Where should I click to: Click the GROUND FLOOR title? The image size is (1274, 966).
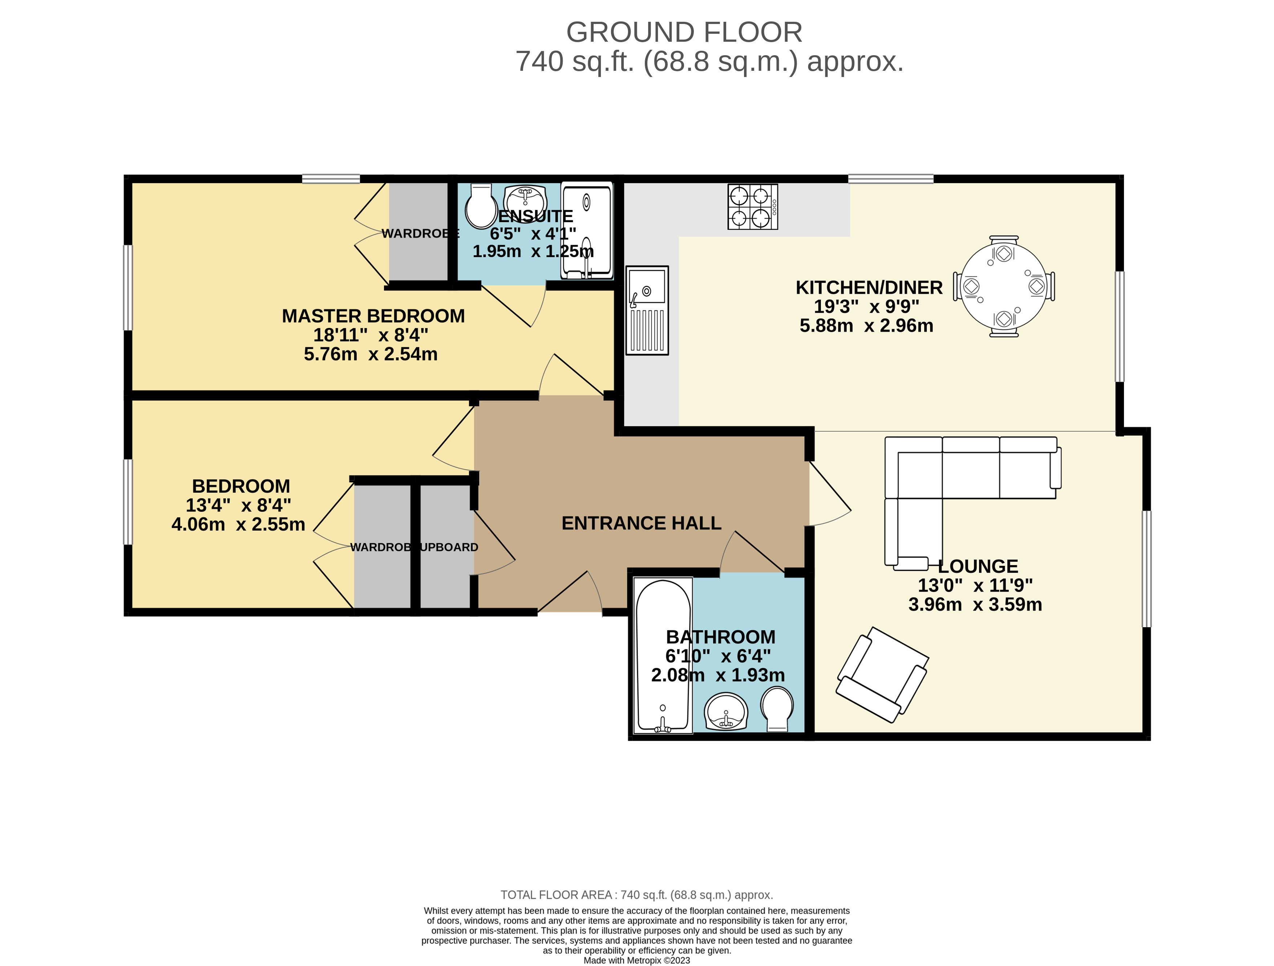pyautogui.click(x=684, y=32)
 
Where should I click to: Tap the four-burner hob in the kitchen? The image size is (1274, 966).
pyautogui.click(x=753, y=207)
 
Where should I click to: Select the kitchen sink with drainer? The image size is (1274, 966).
pyautogui.click(x=647, y=310)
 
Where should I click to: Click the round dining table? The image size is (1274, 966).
pyautogui.click(x=1004, y=286)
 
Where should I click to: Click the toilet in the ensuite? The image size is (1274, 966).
pyautogui.click(x=481, y=206)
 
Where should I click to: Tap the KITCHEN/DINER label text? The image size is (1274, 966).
pyautogui.click(x=869, y=287)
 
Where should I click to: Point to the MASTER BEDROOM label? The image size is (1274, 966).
pyautogui.click(x=373, y=316)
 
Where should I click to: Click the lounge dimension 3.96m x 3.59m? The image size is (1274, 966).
pyautogui.click(x=975, y=604)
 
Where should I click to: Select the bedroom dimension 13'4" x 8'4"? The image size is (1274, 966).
pyautogui.click(x=238, y=505)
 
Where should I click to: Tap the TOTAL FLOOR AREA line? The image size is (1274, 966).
pyautogui.click(x=636, y=894)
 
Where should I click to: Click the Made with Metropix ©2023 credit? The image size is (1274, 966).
pyautogui.click(x=636, y=960)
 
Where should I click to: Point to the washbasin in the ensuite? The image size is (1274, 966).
pyautogui.click(x=525, y=199)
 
